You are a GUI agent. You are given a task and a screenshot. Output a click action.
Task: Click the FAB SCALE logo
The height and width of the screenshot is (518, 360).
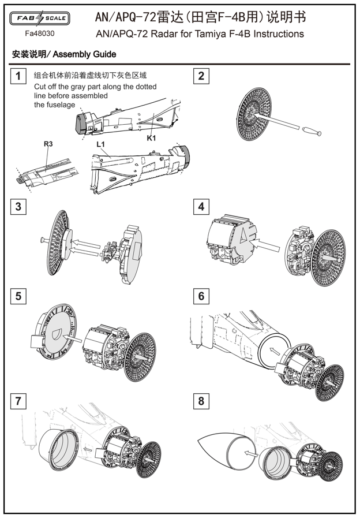(40, 18)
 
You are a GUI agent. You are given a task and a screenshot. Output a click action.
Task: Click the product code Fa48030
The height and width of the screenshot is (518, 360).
(40, 33)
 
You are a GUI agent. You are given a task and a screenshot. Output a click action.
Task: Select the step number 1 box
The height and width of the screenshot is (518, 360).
(18, 76)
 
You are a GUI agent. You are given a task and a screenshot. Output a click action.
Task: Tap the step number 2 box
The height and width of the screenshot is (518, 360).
(201, 76)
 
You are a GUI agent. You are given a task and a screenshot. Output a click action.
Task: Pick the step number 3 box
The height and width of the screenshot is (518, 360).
(18, 206)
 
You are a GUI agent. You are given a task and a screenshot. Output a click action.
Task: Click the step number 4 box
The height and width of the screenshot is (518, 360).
(201, 206)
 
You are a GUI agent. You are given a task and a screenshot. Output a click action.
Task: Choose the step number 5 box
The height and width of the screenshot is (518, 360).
(18, 296)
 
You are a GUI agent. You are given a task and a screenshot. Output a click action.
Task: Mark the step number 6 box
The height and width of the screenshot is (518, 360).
(201, 296)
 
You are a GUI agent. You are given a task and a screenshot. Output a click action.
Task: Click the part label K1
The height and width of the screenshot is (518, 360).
(151, 139)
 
